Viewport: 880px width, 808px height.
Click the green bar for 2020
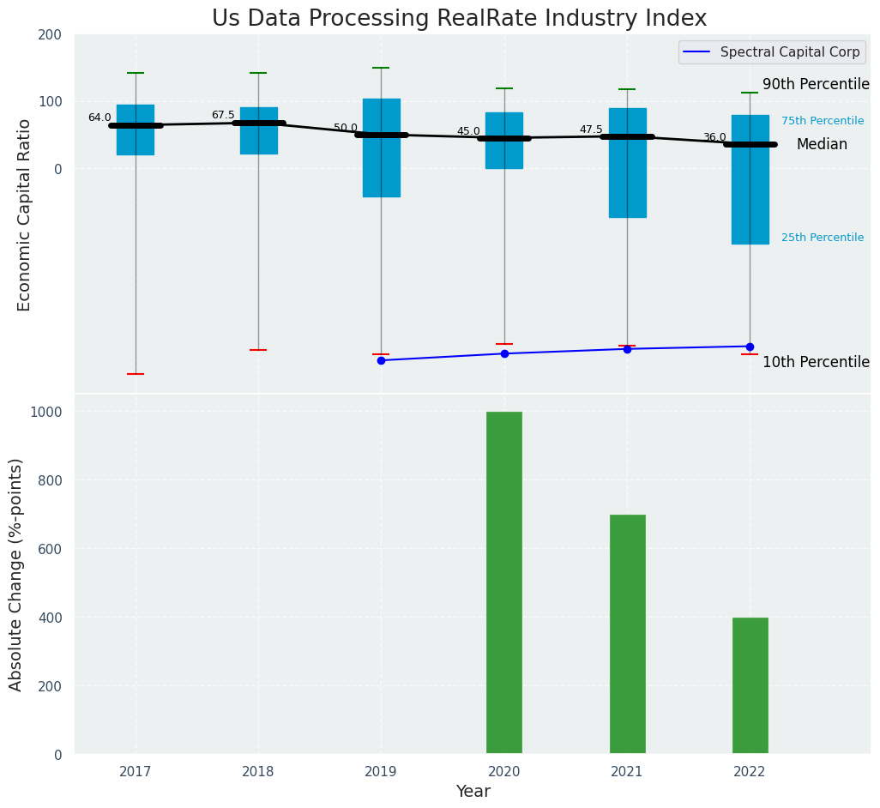(504, 582)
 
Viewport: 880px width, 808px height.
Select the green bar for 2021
(627, 634)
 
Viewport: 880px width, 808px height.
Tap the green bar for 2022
(750, 685)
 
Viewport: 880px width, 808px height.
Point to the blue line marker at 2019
(381, 360)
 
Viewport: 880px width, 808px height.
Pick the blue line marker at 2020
(504, 353)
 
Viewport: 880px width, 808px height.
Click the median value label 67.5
(223, 115)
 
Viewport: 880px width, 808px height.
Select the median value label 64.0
(99, 118)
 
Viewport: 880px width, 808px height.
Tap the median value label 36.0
(714, 137)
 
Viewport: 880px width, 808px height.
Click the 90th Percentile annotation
(816, 84)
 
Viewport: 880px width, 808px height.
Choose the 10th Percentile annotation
(816, 362)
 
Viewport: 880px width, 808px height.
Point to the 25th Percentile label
(823, 238)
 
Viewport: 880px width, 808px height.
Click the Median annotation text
(822, 144)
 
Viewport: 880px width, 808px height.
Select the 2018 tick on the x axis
(258, 772)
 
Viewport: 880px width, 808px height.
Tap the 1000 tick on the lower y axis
(45, 412)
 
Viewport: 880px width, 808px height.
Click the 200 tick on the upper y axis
(50, 34)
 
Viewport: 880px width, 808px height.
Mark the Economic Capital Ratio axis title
(24, 214)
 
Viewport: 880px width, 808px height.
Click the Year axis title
(473, 792)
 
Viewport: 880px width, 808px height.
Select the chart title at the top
(459, 19)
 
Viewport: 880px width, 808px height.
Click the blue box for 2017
(136, 130)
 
